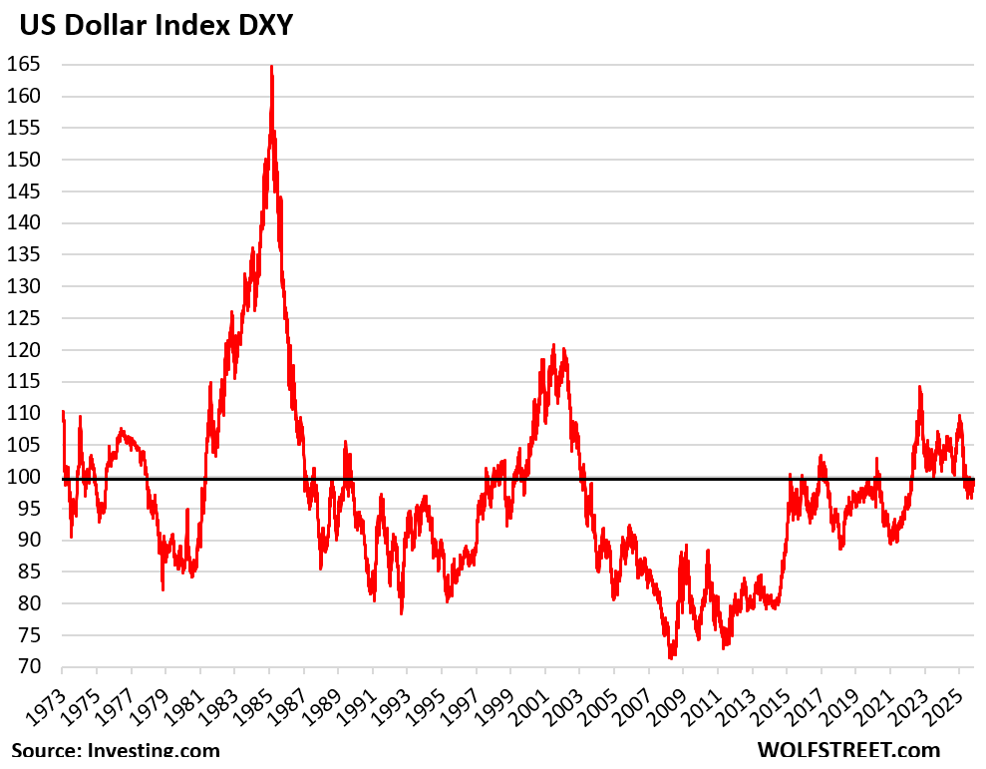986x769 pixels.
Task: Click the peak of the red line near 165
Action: pyautogui.click(x=271, y=67)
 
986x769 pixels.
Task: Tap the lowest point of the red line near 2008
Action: pyautogui.click(x=671, y=657)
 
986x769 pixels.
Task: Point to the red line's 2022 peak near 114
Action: pyautogui.click(x=919, y=387)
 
